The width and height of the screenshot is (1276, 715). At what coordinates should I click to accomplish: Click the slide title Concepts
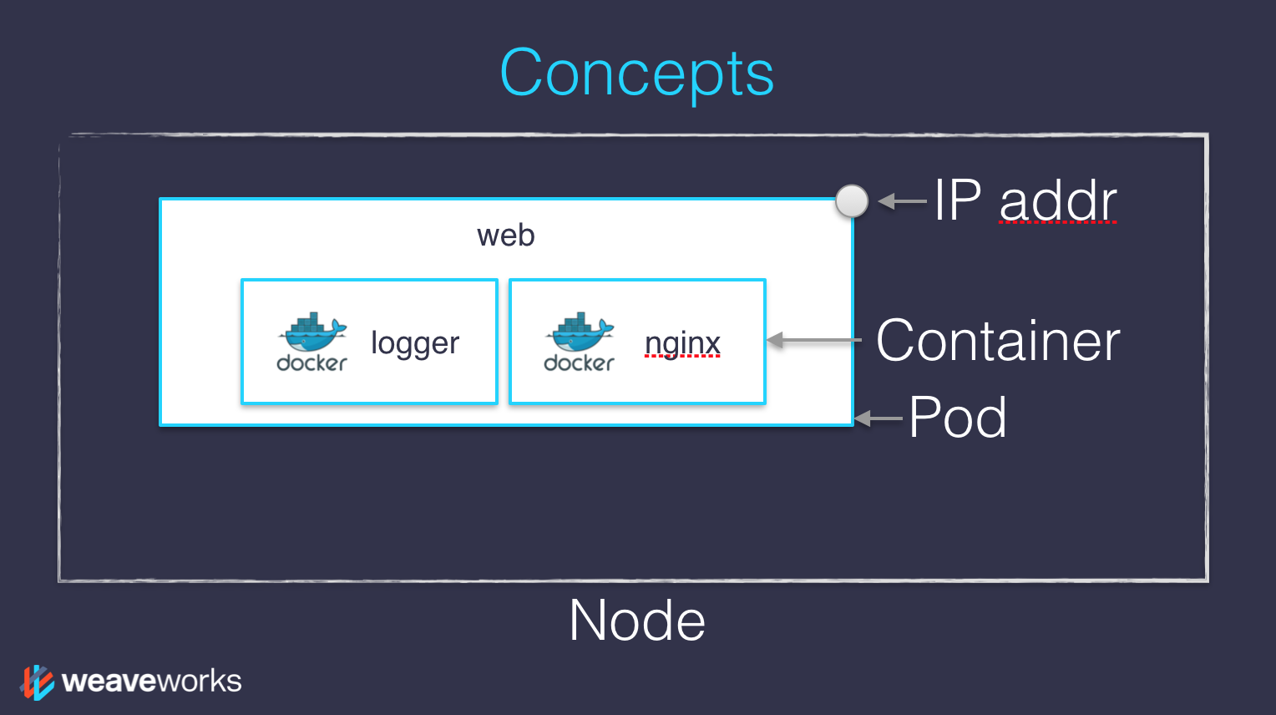click(636, 74)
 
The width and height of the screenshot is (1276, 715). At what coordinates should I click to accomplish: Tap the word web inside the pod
click(505, 236)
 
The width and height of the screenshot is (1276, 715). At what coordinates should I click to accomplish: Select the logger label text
click(415, 343)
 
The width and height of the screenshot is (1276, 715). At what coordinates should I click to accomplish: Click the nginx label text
click(682, 343)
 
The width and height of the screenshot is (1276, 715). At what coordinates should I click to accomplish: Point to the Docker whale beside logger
click(311, 332)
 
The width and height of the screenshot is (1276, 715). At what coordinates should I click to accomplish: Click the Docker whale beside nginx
click(579, 332)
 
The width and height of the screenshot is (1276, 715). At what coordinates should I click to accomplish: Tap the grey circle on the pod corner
click(852, 201)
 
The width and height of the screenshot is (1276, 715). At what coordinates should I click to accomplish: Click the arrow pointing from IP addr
click(902, 201)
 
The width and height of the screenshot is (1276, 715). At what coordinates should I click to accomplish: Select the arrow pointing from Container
click(813, 340)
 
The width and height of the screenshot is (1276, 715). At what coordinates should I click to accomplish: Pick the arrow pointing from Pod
click(879, 418)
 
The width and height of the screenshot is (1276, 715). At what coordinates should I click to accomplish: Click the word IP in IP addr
click(957, 200)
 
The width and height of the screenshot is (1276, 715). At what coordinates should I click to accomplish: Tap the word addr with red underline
click(1057, 201)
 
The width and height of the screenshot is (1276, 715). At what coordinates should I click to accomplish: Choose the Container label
click(998, 341)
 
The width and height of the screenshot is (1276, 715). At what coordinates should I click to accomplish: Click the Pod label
click(957, 417)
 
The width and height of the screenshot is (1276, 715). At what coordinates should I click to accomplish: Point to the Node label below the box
click(637, 621)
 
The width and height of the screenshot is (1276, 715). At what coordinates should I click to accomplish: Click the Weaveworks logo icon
click(38, 682)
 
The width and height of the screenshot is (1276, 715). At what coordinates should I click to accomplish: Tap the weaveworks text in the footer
click(152, 682)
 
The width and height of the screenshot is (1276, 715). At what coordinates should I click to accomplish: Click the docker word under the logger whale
click(311, 363)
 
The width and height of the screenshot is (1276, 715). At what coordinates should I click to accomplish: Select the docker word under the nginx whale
click(579, 363)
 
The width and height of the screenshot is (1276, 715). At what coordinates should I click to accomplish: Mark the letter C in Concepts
click(523, 74)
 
